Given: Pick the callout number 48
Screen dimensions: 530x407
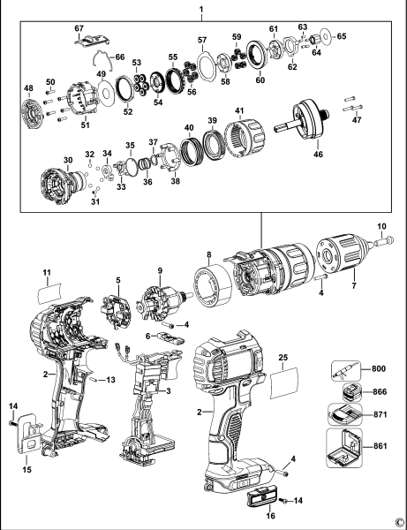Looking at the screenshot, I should [28, 88].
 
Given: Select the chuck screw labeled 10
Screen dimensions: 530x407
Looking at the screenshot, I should [386, 237].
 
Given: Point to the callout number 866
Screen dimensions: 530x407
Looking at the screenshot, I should [380, 390].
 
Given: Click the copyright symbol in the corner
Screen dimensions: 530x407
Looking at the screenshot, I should [399, 522].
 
